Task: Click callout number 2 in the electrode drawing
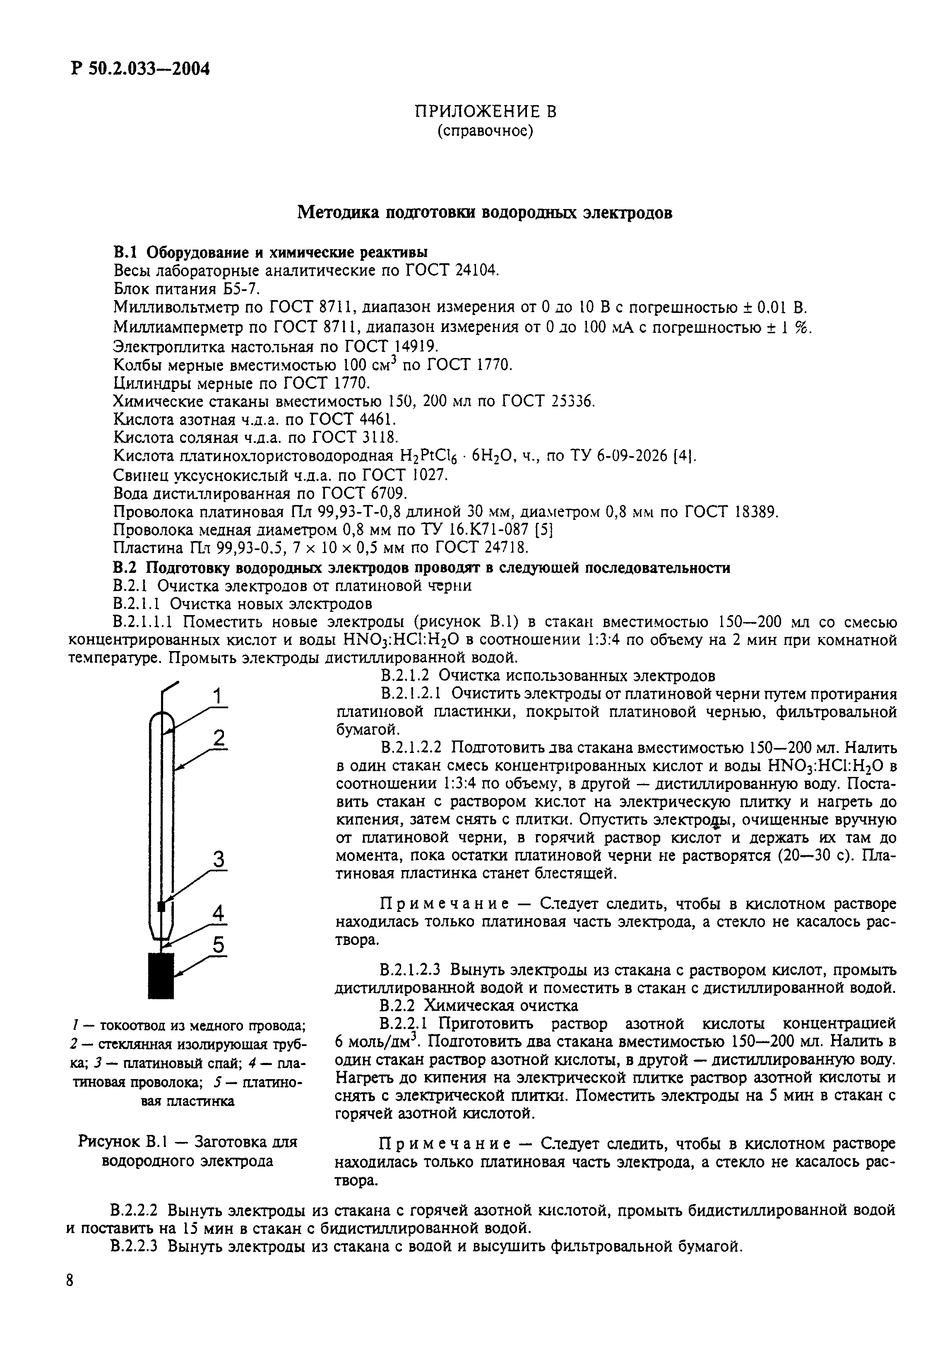tap(219, 738)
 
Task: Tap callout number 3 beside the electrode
tap(218, 859)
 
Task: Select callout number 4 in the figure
tap(218, 913)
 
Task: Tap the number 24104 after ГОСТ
tap(477, 270)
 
